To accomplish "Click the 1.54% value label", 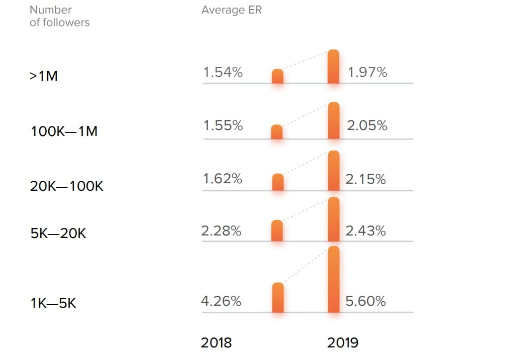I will [x=223, y=72].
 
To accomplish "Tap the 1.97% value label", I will [x=367, y=72].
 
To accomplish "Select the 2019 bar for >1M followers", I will [x=333, y=67].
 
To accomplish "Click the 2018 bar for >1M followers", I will [x=277, y=76].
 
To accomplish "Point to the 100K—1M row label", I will [x=64, y=132].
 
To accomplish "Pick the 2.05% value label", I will [x=367, y=126].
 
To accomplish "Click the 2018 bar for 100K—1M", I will [x=277, y=132].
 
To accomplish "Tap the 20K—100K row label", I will [x=67, y=186].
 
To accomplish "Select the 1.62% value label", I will [x=223, y=178].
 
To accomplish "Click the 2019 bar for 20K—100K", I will [x=334, y=171].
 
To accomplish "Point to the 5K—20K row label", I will [x=58, y=233].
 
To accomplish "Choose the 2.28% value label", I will [x=221, y=231].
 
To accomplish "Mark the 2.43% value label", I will [x=366, y=231].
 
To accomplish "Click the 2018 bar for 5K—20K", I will [x=277, y=230].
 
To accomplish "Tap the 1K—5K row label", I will [x=53, y=303].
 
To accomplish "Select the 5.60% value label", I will [x=366, y=301].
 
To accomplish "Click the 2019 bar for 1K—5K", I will [x=334, y=279].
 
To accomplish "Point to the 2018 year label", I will [x=216, y=343].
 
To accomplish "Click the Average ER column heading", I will [x=232, y=10].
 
